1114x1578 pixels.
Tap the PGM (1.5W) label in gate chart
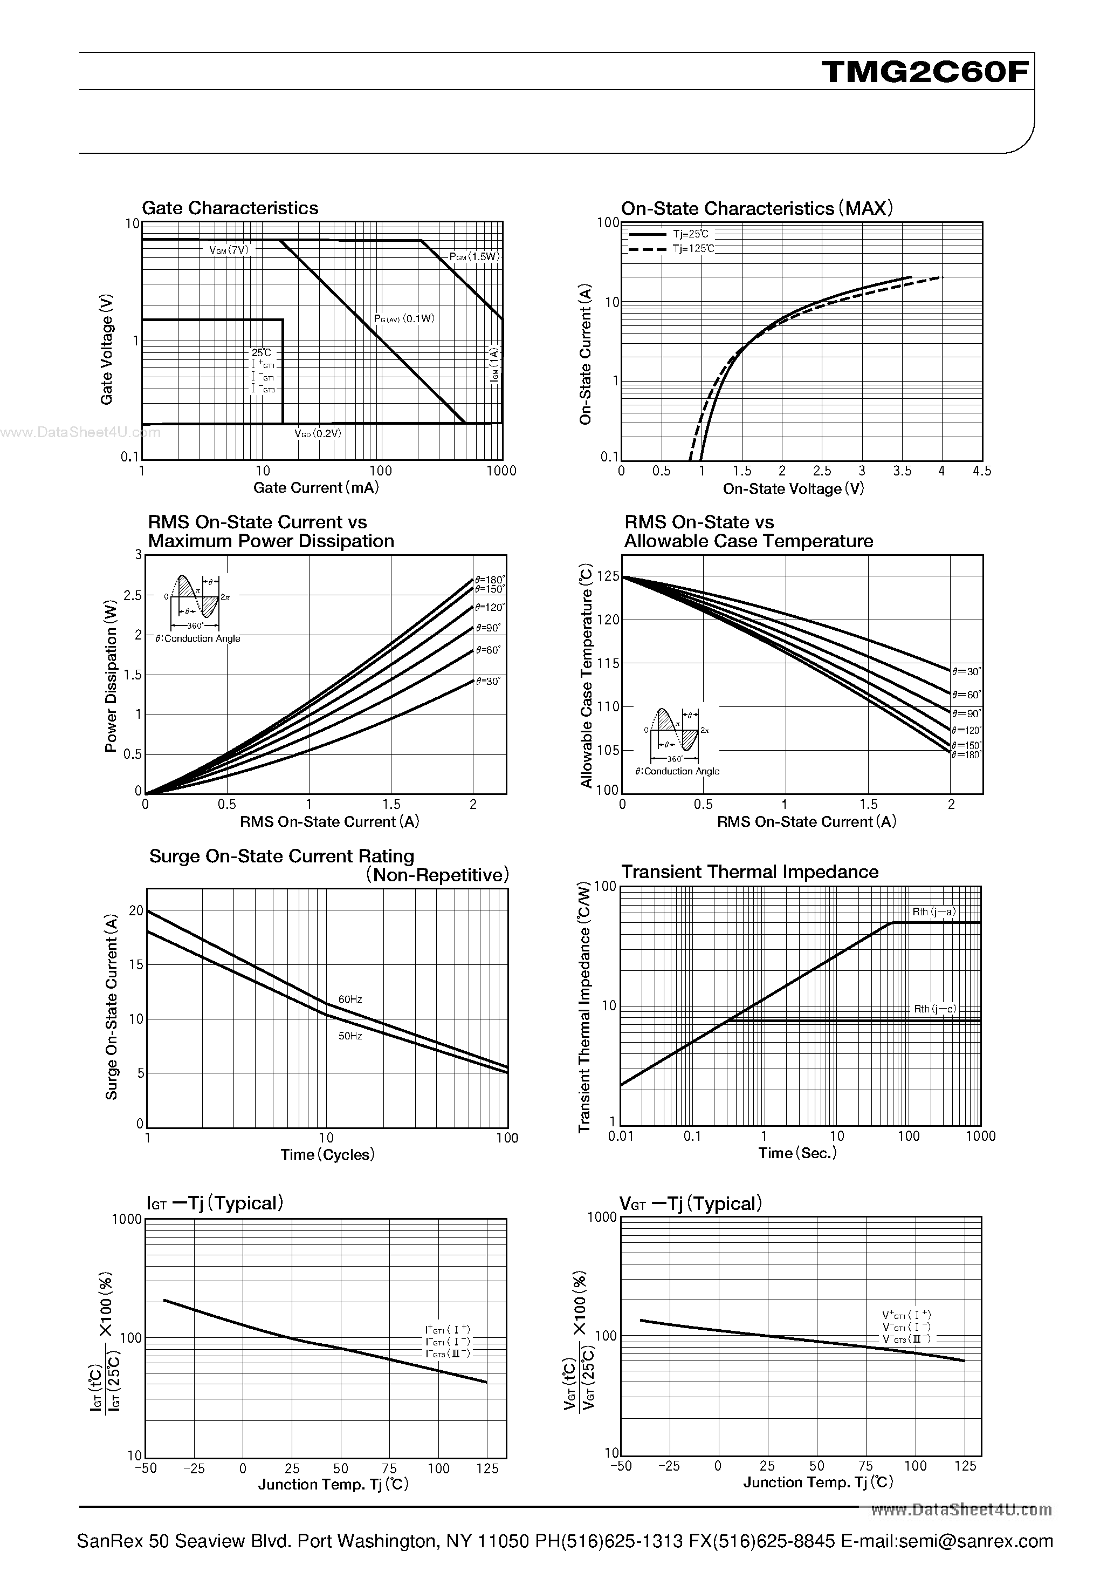[473, 256]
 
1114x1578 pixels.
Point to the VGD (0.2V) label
[317, 434]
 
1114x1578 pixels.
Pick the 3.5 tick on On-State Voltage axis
[902, 471]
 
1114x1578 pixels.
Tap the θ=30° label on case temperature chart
[966, 671]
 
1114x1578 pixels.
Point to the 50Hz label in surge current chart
[350, 1036]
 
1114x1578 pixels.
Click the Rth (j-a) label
[933, 912]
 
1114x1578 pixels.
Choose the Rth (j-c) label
[934, 1009]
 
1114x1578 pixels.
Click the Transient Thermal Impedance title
[749, 872]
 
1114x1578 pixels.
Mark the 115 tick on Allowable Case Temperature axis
[608, 663]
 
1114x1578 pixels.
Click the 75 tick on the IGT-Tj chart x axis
[389, 1469]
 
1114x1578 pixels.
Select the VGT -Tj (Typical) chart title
[690, 1203]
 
